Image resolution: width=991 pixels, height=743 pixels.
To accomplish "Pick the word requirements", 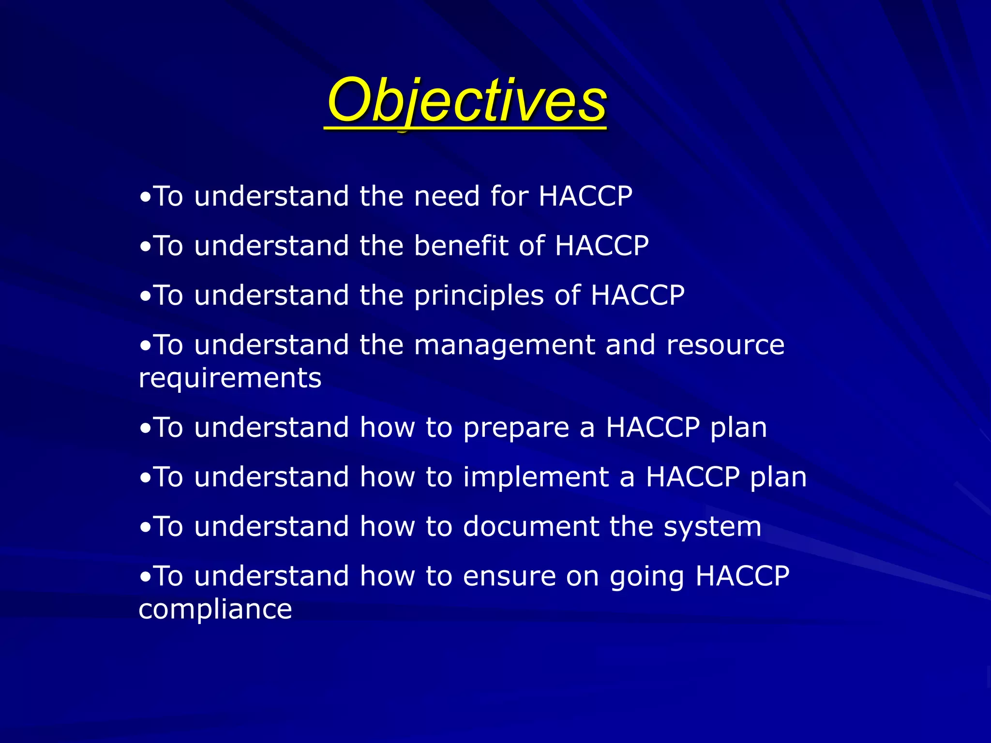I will [230, 378].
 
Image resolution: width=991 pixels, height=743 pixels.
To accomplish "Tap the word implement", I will [536, 477].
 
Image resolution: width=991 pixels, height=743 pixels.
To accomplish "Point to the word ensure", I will [509, 577].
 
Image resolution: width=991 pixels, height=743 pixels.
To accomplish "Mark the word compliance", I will [215, 609].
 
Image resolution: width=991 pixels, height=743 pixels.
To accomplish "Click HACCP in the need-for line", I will [586, 196].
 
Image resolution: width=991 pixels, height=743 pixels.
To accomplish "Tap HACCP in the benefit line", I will [601, 246].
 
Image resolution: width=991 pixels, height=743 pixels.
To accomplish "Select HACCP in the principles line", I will [637, 295].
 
